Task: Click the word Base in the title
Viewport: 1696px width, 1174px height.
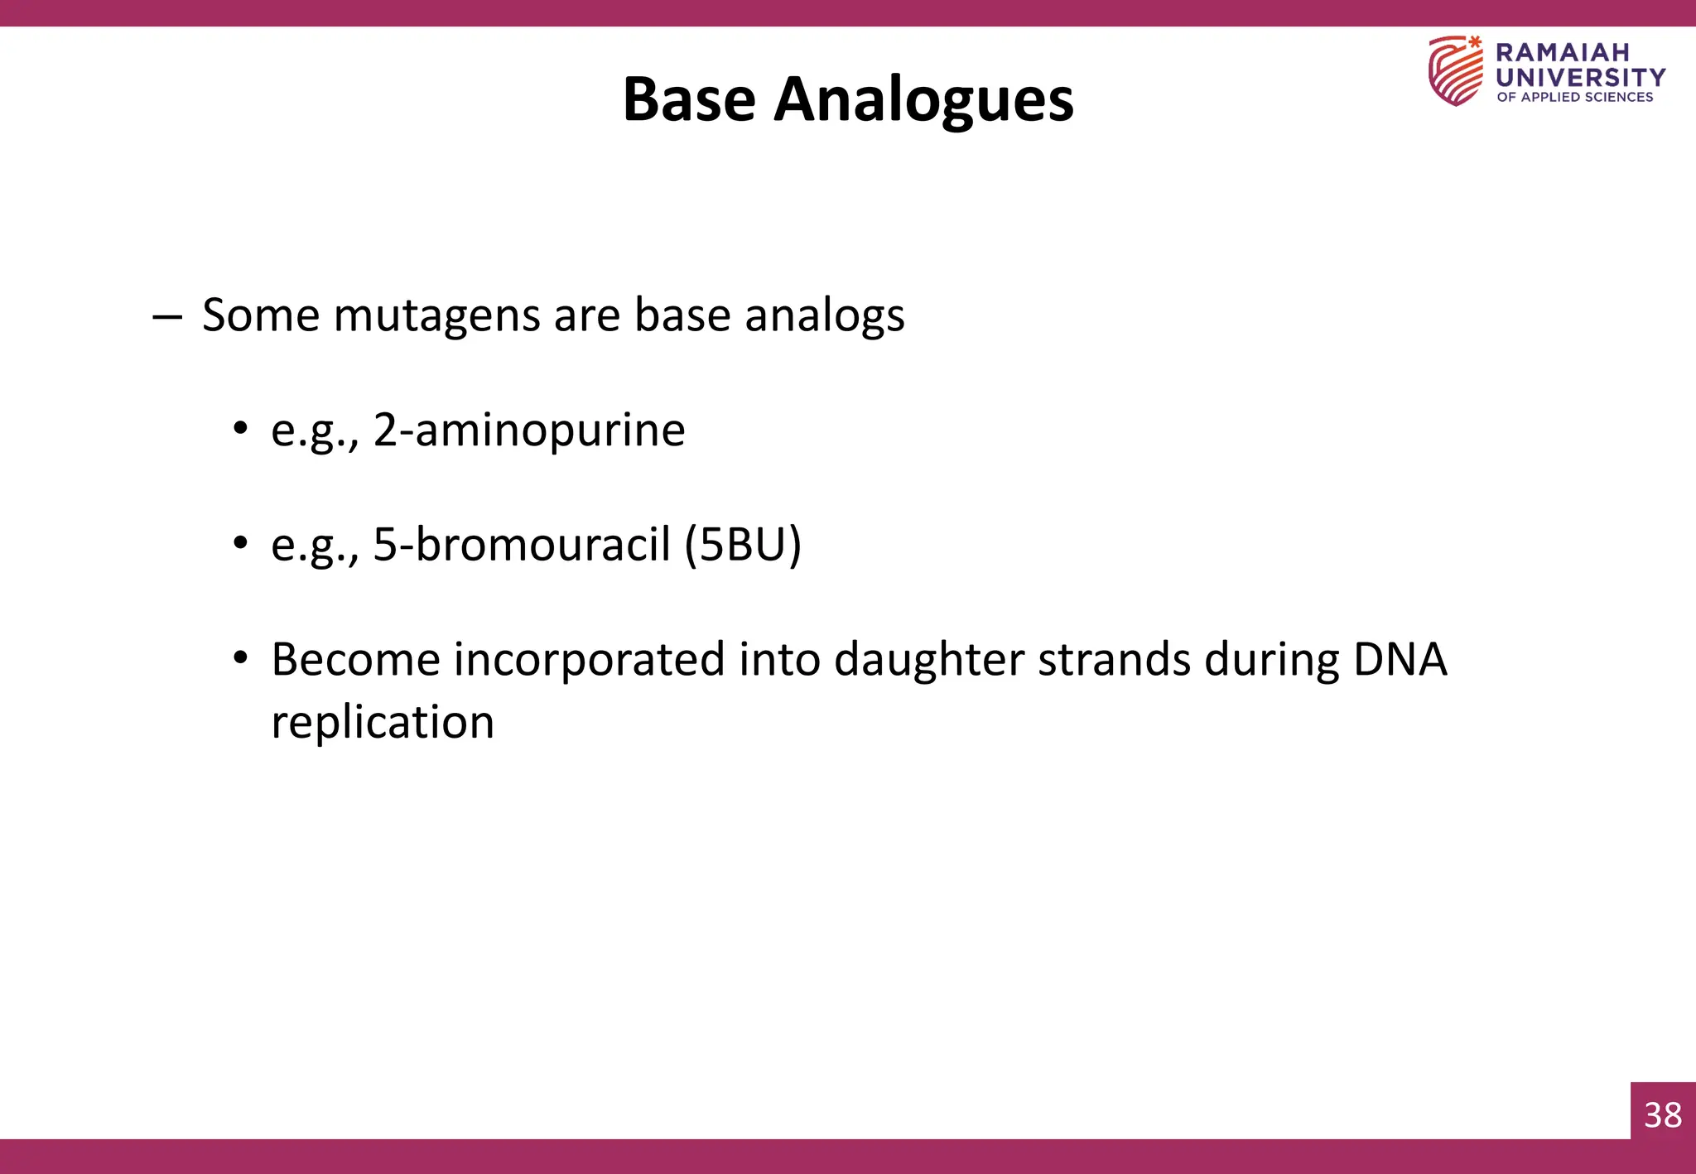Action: click(x=689, y=99)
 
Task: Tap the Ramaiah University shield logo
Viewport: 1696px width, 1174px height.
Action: click(x=1455, y=70)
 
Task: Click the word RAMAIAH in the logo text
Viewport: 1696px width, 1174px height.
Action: click(x=1562, y=52)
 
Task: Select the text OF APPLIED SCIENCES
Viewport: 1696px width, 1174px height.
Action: click(x=1574, y=97)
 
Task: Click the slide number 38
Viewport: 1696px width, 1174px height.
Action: click(x=1663, y=1115)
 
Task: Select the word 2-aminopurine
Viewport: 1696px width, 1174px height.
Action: click(x=528, y=431)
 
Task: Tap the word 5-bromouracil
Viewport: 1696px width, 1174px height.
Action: click(x=521, y=545)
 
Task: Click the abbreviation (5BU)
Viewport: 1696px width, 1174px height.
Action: click(x=743, y=545)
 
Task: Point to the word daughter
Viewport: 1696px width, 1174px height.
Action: click(x=929, y=660)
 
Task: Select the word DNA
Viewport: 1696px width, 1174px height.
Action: click(x=1400, y=660)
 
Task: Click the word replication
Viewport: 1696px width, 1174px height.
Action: click(x=383, y=722)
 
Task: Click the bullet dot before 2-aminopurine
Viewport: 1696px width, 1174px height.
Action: click(x=240, y=429)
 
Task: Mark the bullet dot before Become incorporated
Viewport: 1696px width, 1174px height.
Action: click(x=240, y=659)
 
